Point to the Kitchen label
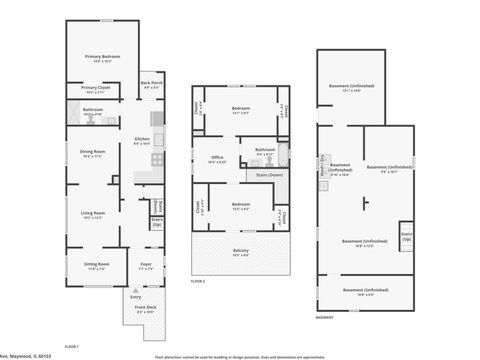(x=142, y=140)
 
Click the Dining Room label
(x=93, y=153)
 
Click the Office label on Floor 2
(x=216, y=157)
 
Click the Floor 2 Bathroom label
(x=265, y=153)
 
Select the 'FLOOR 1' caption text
(x=72, y=345)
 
